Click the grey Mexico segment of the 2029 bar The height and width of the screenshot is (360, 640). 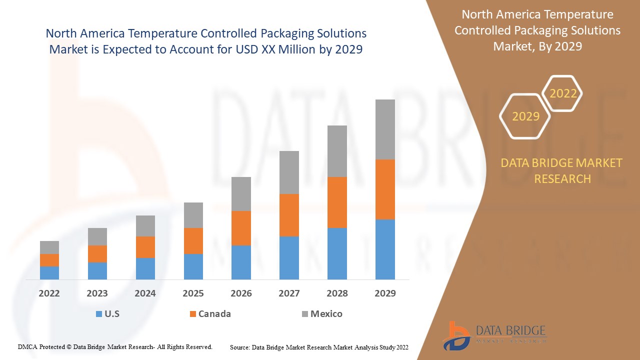pos(385,129)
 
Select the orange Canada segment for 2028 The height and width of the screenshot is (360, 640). pos(337,202)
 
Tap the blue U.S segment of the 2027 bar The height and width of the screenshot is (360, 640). pos(289,257)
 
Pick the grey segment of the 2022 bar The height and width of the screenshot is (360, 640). pos(49,247)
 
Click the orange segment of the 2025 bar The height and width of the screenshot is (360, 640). pos(193,241)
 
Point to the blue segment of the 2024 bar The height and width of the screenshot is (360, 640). pos(145,268)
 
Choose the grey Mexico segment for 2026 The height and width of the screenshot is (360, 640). pos(241,194)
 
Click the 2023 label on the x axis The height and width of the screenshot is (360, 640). pos(97,293)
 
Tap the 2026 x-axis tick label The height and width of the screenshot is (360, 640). pos(241,293)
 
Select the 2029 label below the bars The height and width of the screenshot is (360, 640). pos(385,293)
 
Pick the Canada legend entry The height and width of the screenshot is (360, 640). pos(214,314)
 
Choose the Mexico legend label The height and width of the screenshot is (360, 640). pos(326,314)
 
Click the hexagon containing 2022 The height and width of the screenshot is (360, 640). pos(563,93)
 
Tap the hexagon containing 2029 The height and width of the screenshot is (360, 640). pos(525,116)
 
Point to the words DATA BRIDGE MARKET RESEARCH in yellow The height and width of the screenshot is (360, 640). pos(562,170)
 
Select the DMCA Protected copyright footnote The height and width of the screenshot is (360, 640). pos(115,346)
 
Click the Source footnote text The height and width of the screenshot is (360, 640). pos(319,347)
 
